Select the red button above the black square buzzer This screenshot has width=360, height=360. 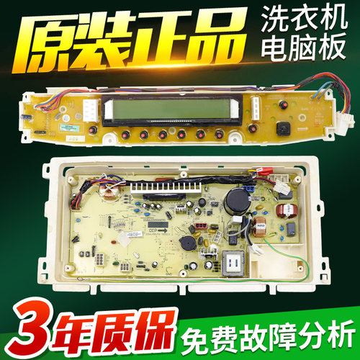pos(283,105)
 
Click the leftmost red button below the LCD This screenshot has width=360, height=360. pos(125,134)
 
